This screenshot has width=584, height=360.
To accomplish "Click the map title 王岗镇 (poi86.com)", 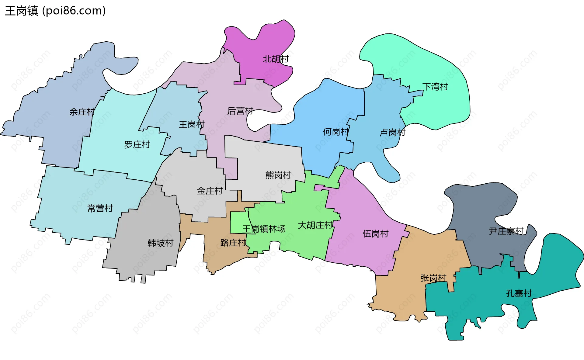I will [55, 11].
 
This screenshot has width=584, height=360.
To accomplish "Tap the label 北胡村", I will [276, 59].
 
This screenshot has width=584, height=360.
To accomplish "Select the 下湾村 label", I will [435, 87].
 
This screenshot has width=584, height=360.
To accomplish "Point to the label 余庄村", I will [82, 112].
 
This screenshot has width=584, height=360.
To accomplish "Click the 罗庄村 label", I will [137, 145].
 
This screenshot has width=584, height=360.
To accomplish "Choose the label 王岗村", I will [192, 125].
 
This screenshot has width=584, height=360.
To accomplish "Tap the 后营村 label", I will [240, 111].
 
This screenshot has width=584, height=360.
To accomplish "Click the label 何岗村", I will [336, 132].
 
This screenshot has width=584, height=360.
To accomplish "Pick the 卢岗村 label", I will [393, 133].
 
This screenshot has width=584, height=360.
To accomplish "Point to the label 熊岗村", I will [278, 175].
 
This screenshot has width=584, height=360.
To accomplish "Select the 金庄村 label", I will [210, 191].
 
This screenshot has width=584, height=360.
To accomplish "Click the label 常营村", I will [100, 209].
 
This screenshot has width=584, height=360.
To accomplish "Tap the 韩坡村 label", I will [160, 243].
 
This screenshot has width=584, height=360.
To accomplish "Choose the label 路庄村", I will [233, 243].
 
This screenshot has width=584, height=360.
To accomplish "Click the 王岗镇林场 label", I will [264, 229].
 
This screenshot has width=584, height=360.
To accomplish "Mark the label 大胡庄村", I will [315, 225].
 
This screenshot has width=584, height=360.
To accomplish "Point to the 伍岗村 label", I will [376, 234].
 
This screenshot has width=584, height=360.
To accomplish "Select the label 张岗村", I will [433, 278].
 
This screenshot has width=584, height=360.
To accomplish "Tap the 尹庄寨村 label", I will [506, 231].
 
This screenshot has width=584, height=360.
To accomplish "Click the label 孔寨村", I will [519, 293].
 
